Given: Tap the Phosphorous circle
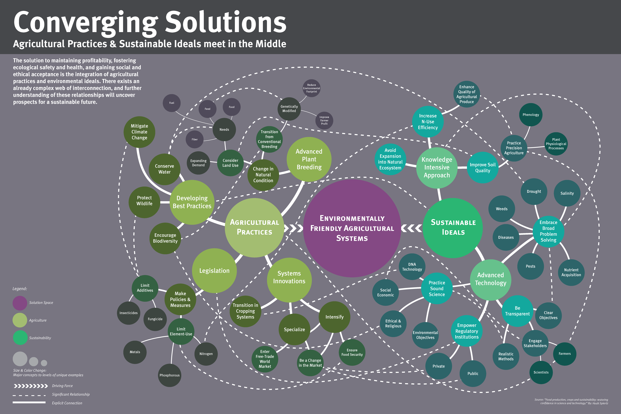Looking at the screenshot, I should point(169,375).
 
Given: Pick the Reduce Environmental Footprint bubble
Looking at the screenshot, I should point(312,88).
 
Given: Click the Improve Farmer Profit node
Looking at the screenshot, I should point(324,120).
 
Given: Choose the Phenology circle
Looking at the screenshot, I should point(531,115).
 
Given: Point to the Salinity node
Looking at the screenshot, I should point(567,193).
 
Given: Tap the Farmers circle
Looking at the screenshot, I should point(565,354).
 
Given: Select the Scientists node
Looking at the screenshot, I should point(541,372).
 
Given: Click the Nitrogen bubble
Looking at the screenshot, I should point(206,354).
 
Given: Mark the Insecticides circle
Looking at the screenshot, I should point(129,313).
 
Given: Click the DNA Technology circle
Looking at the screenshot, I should point(412,267).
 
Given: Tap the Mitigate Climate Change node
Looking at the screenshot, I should point(139,132).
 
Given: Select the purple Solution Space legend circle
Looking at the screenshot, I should point(20,303).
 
